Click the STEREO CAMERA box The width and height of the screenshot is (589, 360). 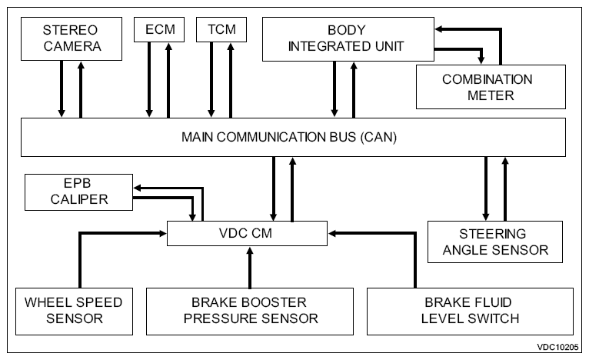click(72, 38)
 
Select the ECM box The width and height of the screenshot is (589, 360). click(159, 29)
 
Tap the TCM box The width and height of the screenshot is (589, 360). click(221, 29)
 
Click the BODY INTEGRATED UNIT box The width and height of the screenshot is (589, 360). click(348, 39)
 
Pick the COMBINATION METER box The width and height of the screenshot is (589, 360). click(491, 87)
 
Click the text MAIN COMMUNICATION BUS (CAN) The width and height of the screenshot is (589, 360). click(289, 137)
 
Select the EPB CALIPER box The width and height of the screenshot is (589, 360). click(79, 192)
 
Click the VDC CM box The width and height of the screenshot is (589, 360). click(247, 233)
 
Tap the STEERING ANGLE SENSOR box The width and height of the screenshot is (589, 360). click(495, 242)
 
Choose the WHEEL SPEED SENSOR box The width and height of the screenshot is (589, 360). click(74, 311)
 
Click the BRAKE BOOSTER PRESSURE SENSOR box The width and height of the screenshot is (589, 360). click(250, 311)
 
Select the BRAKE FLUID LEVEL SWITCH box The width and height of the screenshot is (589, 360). click(470, 311)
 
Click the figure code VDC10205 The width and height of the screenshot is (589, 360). click(557, 347)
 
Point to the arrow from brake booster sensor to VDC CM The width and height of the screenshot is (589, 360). click(250, 267)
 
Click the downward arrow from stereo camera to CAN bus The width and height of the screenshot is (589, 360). click(62, 89)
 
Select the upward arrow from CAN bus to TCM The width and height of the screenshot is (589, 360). click(231, 81)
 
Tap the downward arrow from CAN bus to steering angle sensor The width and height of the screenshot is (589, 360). click(486, 188)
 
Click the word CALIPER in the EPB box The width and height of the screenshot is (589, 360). click(79, 199)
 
